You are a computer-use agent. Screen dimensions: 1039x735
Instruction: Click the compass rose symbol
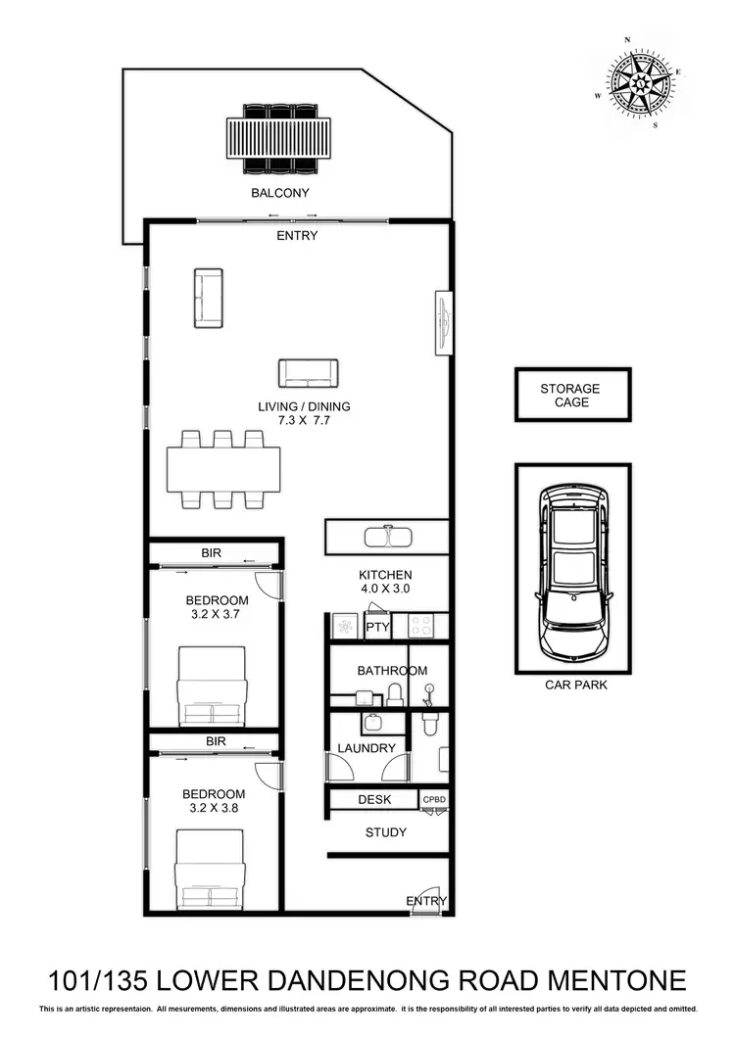639,83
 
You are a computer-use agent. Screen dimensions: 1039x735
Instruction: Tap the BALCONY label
279,193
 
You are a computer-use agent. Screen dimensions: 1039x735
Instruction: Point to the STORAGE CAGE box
572,395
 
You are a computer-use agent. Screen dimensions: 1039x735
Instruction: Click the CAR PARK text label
575,685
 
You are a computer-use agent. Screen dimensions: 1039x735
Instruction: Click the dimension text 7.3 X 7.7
304,420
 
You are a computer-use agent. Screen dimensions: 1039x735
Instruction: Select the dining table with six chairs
223,469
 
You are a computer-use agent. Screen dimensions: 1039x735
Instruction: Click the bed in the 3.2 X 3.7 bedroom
211,685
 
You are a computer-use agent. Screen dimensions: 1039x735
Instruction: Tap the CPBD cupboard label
434,800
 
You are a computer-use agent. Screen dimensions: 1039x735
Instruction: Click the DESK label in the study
374,800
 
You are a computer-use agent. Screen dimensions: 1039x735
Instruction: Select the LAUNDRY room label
367,748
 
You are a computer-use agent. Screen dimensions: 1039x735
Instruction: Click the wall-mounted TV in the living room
444,323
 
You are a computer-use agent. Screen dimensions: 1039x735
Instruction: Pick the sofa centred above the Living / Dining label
308,373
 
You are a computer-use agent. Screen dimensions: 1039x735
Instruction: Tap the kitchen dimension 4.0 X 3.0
386,590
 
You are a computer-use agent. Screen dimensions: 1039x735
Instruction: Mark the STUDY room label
385,832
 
